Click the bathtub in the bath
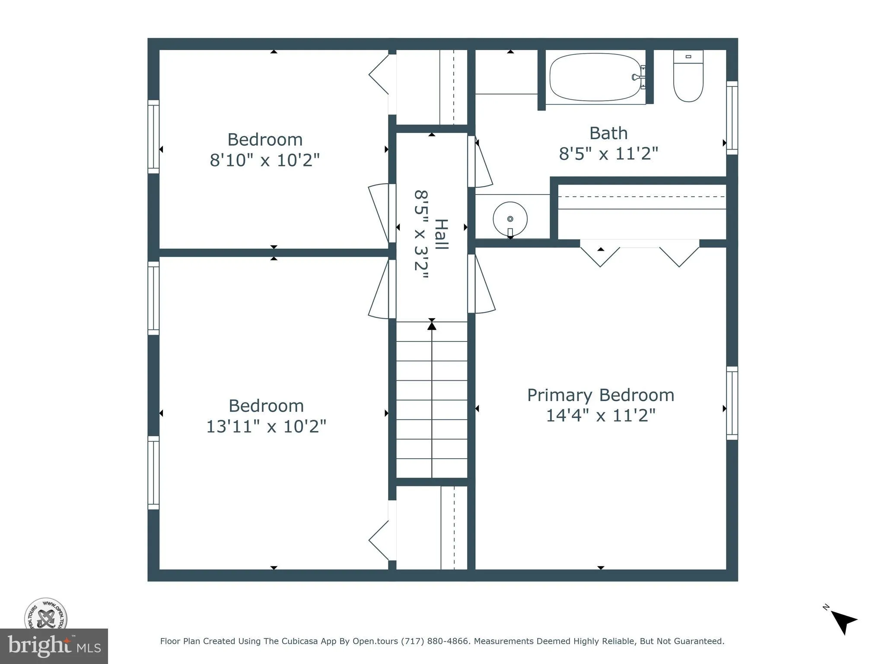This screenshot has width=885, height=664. pos(595,77)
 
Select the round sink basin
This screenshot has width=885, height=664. pos(510,219)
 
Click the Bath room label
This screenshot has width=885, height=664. pos(608,133)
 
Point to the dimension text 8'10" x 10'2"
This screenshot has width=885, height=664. pos(264,160)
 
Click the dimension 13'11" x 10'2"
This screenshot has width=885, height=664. pos(266,427)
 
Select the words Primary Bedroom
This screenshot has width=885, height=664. pos(600,395)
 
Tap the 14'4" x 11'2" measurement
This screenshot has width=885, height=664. pos(601,416)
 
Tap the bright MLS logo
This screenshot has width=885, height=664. pos(54,646)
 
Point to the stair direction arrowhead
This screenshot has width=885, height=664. pos(432,326)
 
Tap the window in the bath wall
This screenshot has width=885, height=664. pos(732,118)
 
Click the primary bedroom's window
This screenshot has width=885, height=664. pos(732,403)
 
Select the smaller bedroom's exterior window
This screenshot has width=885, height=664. pos(153,137)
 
